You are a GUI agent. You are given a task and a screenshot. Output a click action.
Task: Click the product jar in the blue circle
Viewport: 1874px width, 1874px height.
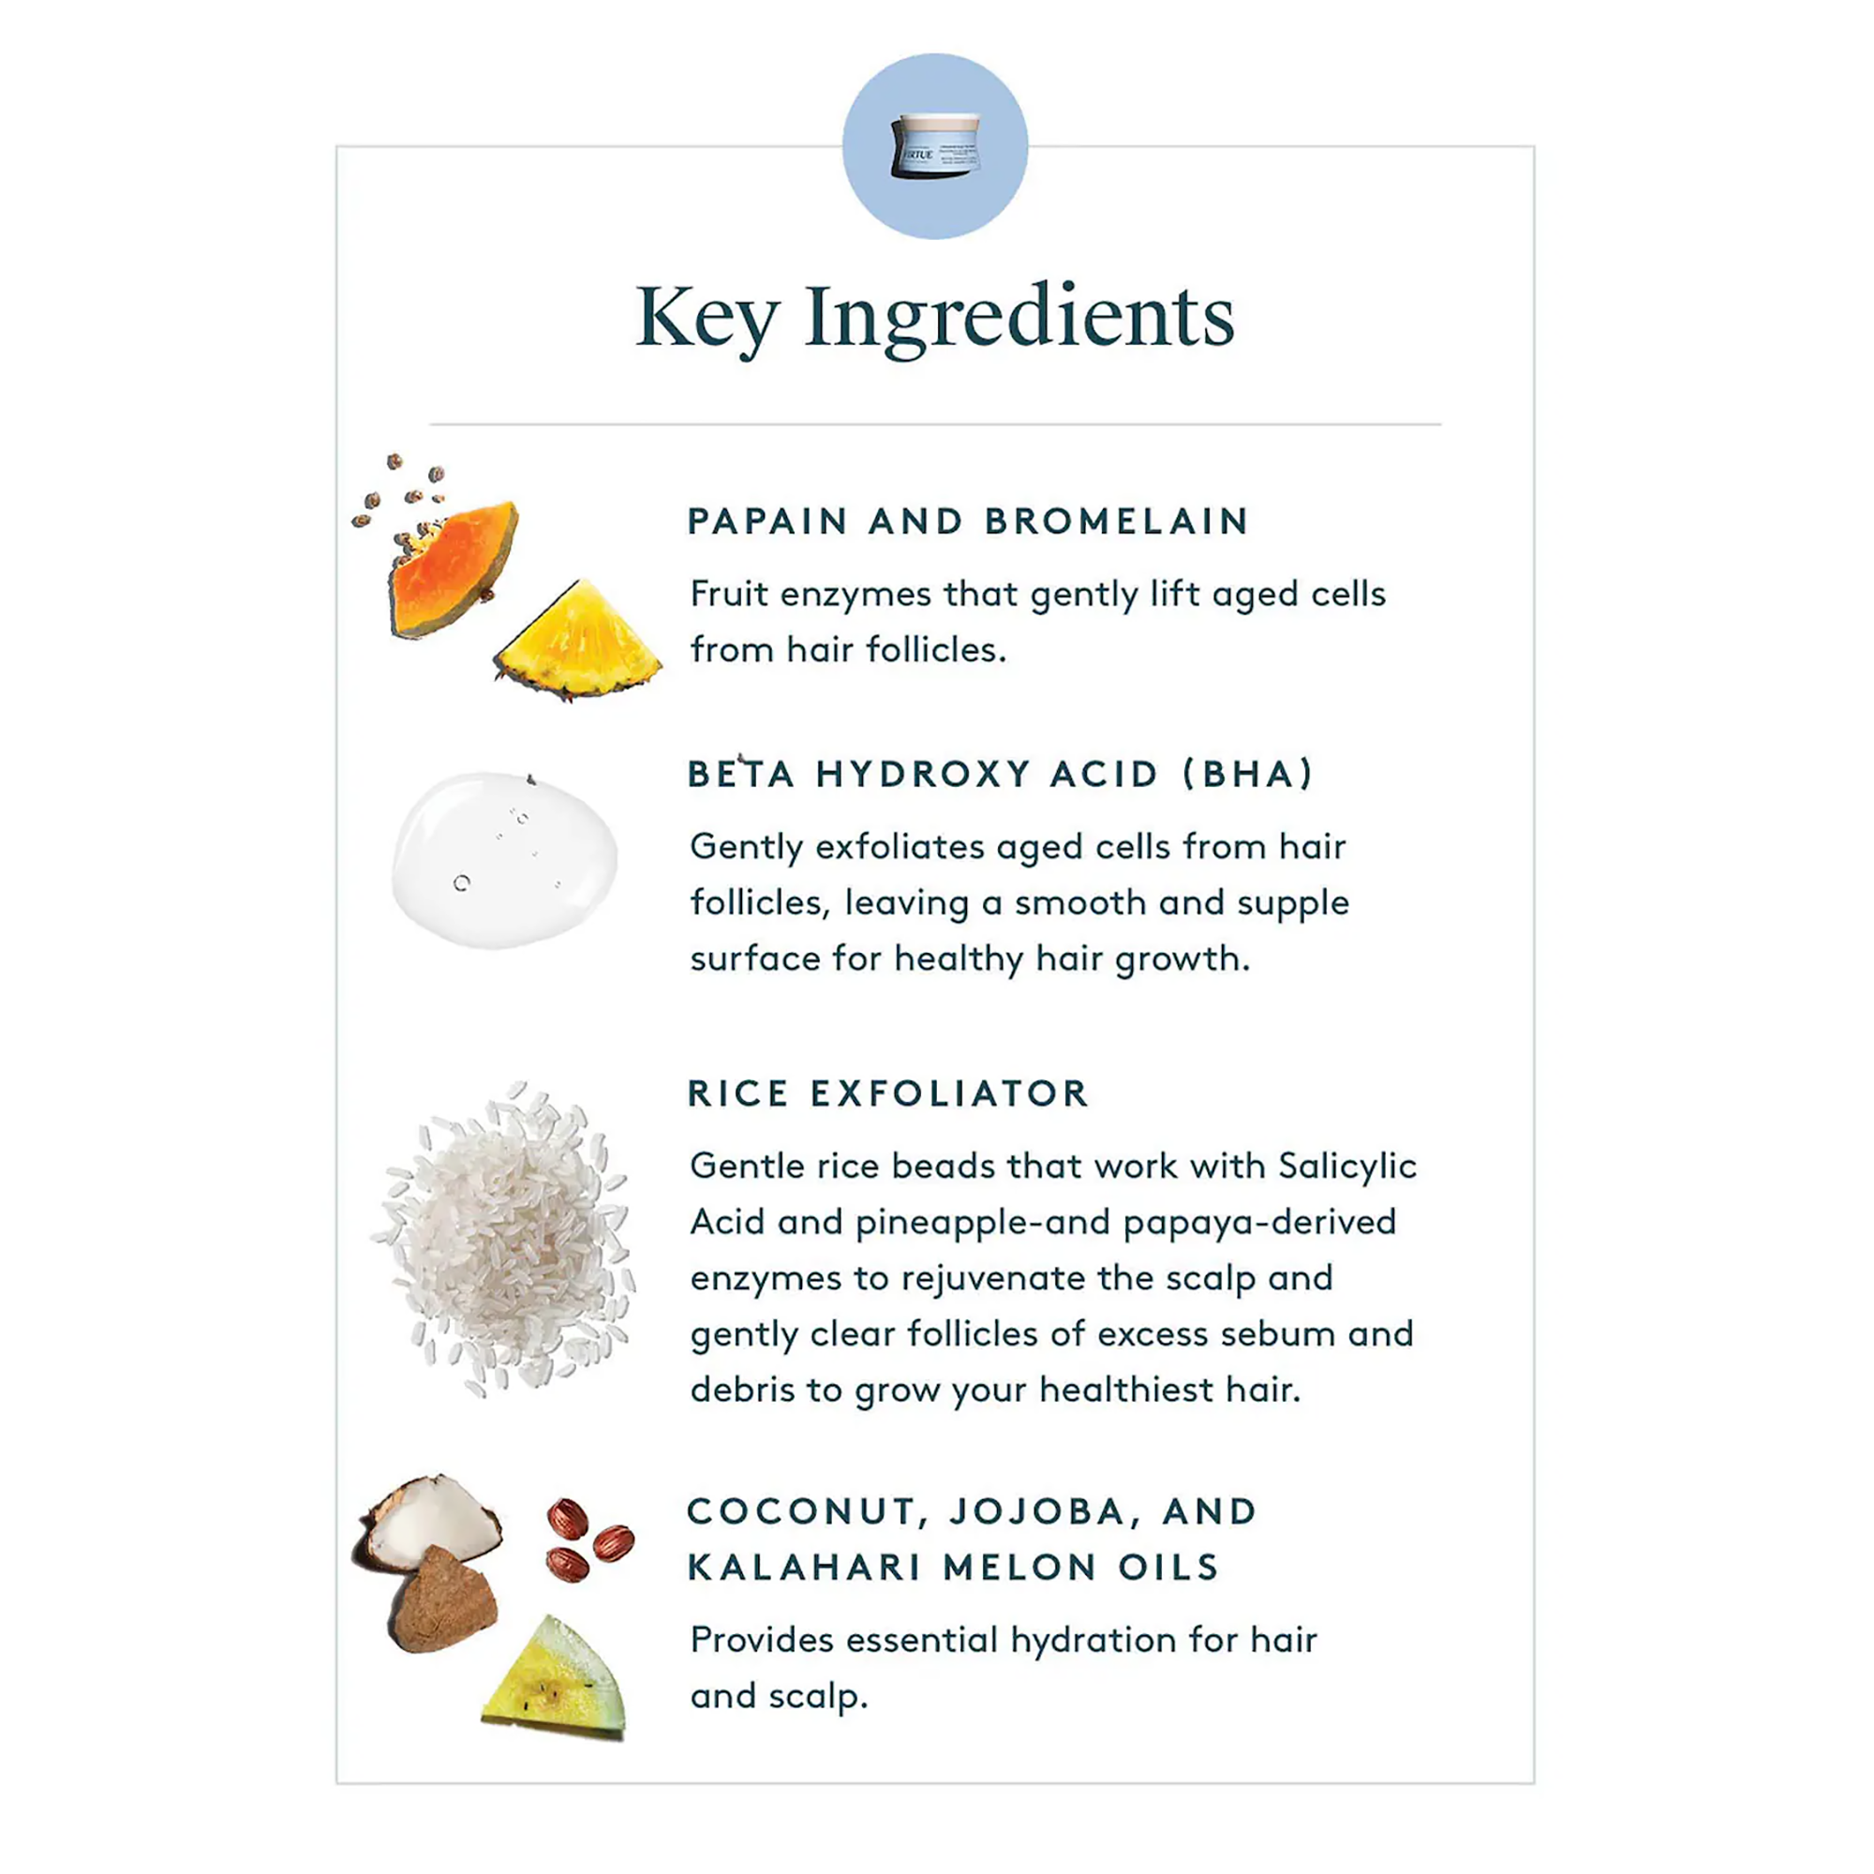[x=935, y=145]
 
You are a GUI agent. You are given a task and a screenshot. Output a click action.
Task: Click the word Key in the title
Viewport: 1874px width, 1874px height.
[x=707, y=320]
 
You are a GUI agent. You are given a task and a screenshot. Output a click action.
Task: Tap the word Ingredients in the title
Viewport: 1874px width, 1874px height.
[x=1019, y=320]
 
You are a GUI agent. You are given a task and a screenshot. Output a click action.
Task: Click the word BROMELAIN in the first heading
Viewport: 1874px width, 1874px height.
[x=1117, y=522]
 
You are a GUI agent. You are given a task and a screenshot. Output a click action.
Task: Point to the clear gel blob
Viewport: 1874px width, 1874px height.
[x=504, y=859]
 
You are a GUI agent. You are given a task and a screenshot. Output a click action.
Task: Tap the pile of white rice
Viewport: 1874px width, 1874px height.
[x=502, y=1238]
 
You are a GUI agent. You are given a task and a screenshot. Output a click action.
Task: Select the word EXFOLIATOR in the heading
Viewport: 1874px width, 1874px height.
[x=949, y=1093]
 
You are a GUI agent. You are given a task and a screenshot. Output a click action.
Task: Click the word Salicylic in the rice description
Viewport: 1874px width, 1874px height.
[x=1347, y=1167]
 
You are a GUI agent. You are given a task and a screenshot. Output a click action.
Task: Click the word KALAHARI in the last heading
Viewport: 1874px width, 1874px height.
[x=804, y=1568]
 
